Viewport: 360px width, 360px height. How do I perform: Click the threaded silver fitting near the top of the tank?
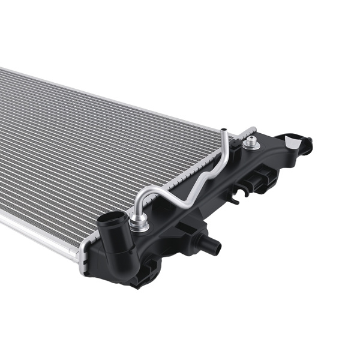click(x=252, y=143)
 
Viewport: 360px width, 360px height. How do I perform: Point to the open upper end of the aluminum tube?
click(x=223, y=131)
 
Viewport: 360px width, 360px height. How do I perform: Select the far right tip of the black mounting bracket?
click(x=310, y=144)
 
